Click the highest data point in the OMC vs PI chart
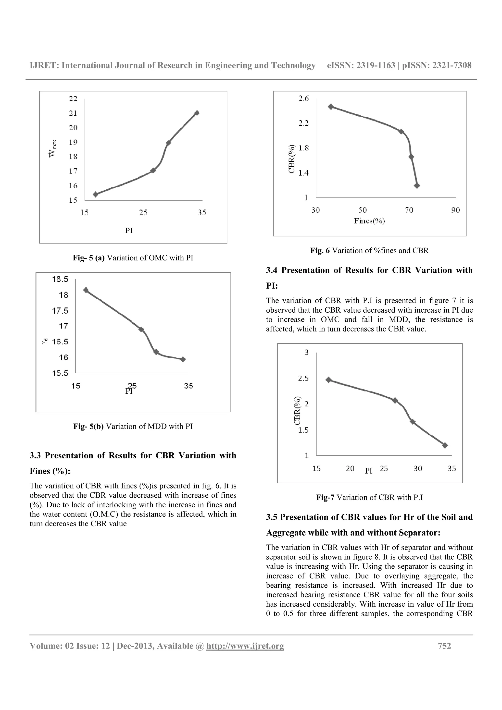coord(197,113)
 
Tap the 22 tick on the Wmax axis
coord(73,99)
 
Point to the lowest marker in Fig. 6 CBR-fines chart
coord(417,185)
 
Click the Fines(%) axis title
coord(369,221)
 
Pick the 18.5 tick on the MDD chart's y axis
coord(60,279)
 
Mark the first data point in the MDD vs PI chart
coord(86,290)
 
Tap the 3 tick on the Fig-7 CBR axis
coord(307,353)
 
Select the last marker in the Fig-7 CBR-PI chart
coord(445,445)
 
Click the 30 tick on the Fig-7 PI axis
coord(418,468)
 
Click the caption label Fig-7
coord(325,497)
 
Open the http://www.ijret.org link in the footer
coord(245,646)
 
